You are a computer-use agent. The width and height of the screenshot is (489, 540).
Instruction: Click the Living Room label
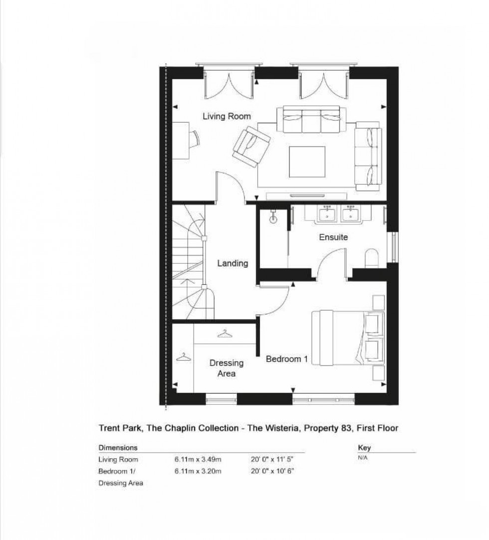(227, 116)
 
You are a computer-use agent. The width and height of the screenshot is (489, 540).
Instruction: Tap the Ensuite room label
(333, 237)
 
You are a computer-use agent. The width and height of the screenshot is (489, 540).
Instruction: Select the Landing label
(233, 263)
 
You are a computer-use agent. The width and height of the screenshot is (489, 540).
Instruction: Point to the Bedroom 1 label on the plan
(286, 359)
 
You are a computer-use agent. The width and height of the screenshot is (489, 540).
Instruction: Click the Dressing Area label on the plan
(226, 368)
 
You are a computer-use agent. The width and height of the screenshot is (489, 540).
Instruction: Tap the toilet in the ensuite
(372, 258)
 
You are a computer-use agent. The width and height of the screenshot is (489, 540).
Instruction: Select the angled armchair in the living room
(251, 146)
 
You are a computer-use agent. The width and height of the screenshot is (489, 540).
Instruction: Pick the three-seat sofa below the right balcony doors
(311, 119)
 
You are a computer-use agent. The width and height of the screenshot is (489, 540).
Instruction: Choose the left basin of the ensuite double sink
(327, 214)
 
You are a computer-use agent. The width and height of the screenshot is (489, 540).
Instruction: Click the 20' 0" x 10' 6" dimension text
(272, 471)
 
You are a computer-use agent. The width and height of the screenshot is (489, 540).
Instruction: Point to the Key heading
(364, 448)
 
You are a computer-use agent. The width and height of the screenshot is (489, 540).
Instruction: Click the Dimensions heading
(118, 448)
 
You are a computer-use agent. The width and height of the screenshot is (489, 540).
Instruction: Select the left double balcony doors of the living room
(230, 83)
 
